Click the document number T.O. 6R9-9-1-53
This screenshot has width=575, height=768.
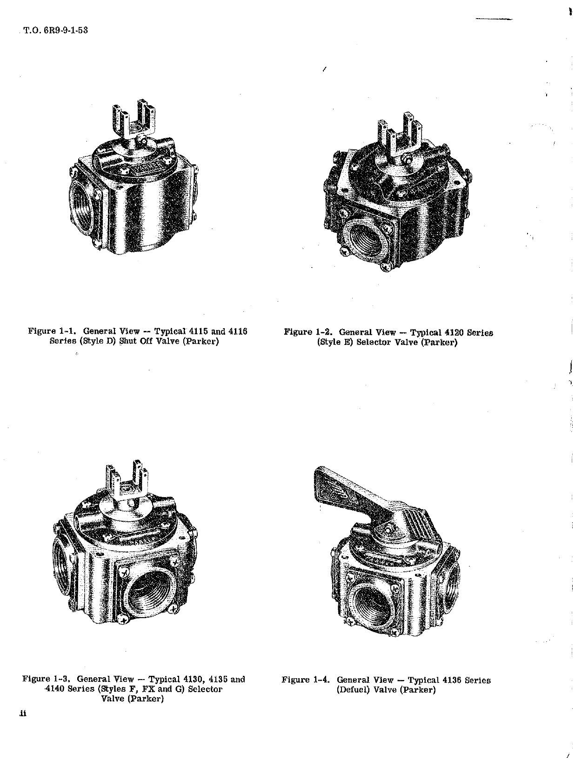pos(55,31)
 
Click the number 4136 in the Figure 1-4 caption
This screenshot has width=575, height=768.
pos(449,680)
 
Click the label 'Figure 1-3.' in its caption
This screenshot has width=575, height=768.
pos(47,679)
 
